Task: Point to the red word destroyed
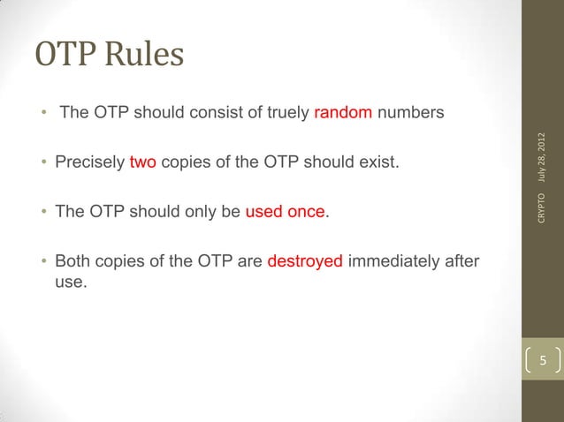pyautogui.click(x=305, y=262)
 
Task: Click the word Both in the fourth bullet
pyautogui.click(x=72, y=262)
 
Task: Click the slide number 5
pyautogui.click(x=545, y=360)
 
